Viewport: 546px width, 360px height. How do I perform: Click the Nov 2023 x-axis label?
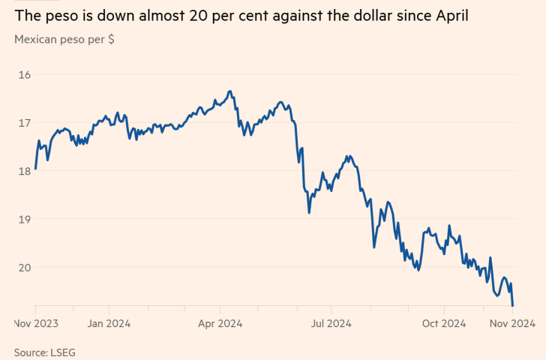[36, 324]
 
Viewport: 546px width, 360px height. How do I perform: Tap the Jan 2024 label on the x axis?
[109, 324]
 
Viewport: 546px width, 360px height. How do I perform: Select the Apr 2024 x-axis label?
[220, 324]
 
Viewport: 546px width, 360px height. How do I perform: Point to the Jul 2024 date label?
[331, 324]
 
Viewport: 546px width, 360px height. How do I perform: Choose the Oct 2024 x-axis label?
[443, 324]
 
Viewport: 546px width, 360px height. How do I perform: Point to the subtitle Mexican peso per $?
[64, 40]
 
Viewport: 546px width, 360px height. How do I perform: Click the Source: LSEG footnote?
[45, 352]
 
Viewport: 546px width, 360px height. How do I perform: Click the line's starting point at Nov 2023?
[36, 169]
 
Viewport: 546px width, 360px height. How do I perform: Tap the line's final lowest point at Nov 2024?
[512, 305]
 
